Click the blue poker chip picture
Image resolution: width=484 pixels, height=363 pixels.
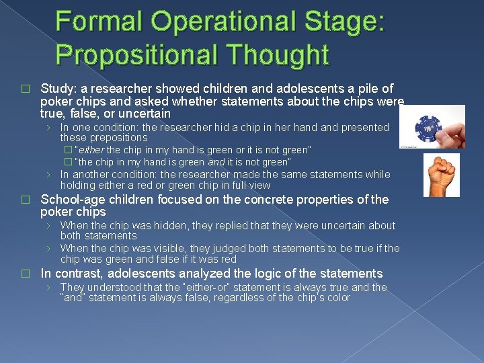[x=438, y=126]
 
